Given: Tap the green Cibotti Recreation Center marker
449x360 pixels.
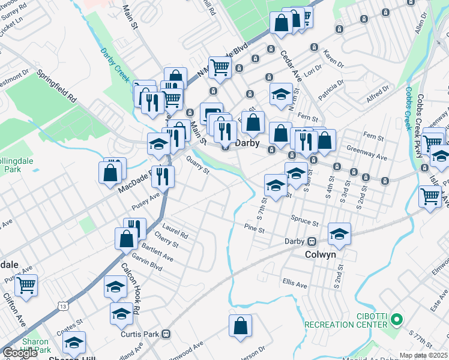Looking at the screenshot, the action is click(396, 318).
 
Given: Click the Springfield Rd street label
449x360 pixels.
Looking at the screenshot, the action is click(58, 86).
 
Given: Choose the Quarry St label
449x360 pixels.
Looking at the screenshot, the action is click(197, 165).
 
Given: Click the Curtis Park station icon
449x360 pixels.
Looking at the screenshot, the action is click(167, 334).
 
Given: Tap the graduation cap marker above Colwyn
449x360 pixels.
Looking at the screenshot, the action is click(339, 233).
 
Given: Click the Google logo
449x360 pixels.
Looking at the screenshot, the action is click(20, 353).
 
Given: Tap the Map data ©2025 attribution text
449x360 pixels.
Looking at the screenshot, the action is click(424, 355).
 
